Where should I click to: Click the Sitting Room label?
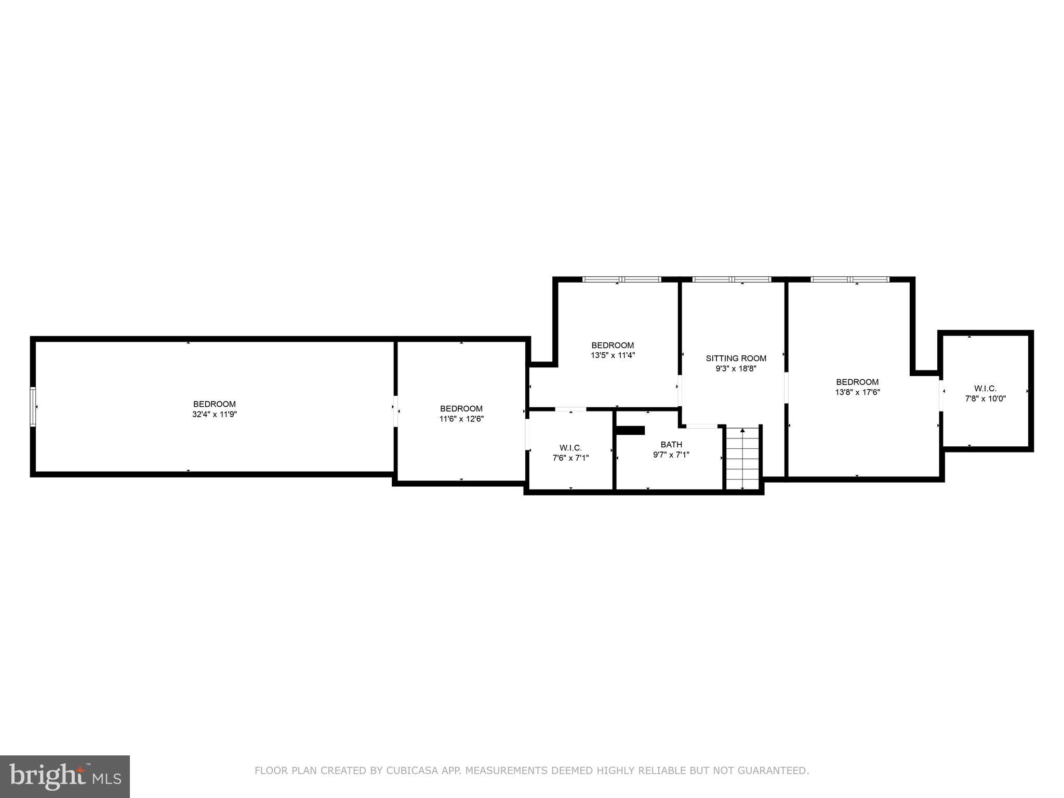click(x=736, y=358)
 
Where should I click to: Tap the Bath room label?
click(x=671, y=444)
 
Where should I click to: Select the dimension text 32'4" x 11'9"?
click(x=215, y=415)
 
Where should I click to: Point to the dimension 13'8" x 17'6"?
click(x=857, y=392)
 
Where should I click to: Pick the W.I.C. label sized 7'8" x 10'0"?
click(x=985, y=388)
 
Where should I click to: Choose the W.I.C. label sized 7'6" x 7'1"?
click(x=570, y=447)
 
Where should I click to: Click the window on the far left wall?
click(x=33, y=406)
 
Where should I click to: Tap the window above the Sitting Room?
click(x=731, y=280)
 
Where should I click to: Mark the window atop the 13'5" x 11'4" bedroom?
click(x=621, y=280)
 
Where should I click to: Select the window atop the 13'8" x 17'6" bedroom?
click(x=850, y=280)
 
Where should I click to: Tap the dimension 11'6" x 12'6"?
click(x=461, y=419)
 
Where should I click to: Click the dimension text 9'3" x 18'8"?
click(x=736, y=369)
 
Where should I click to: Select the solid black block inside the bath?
click(x=630, y=430)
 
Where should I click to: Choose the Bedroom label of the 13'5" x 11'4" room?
click(x=613, y=345)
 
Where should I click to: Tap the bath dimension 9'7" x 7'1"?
click(x=671, y=455)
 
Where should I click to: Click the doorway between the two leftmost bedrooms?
click(x=395, y=410)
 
